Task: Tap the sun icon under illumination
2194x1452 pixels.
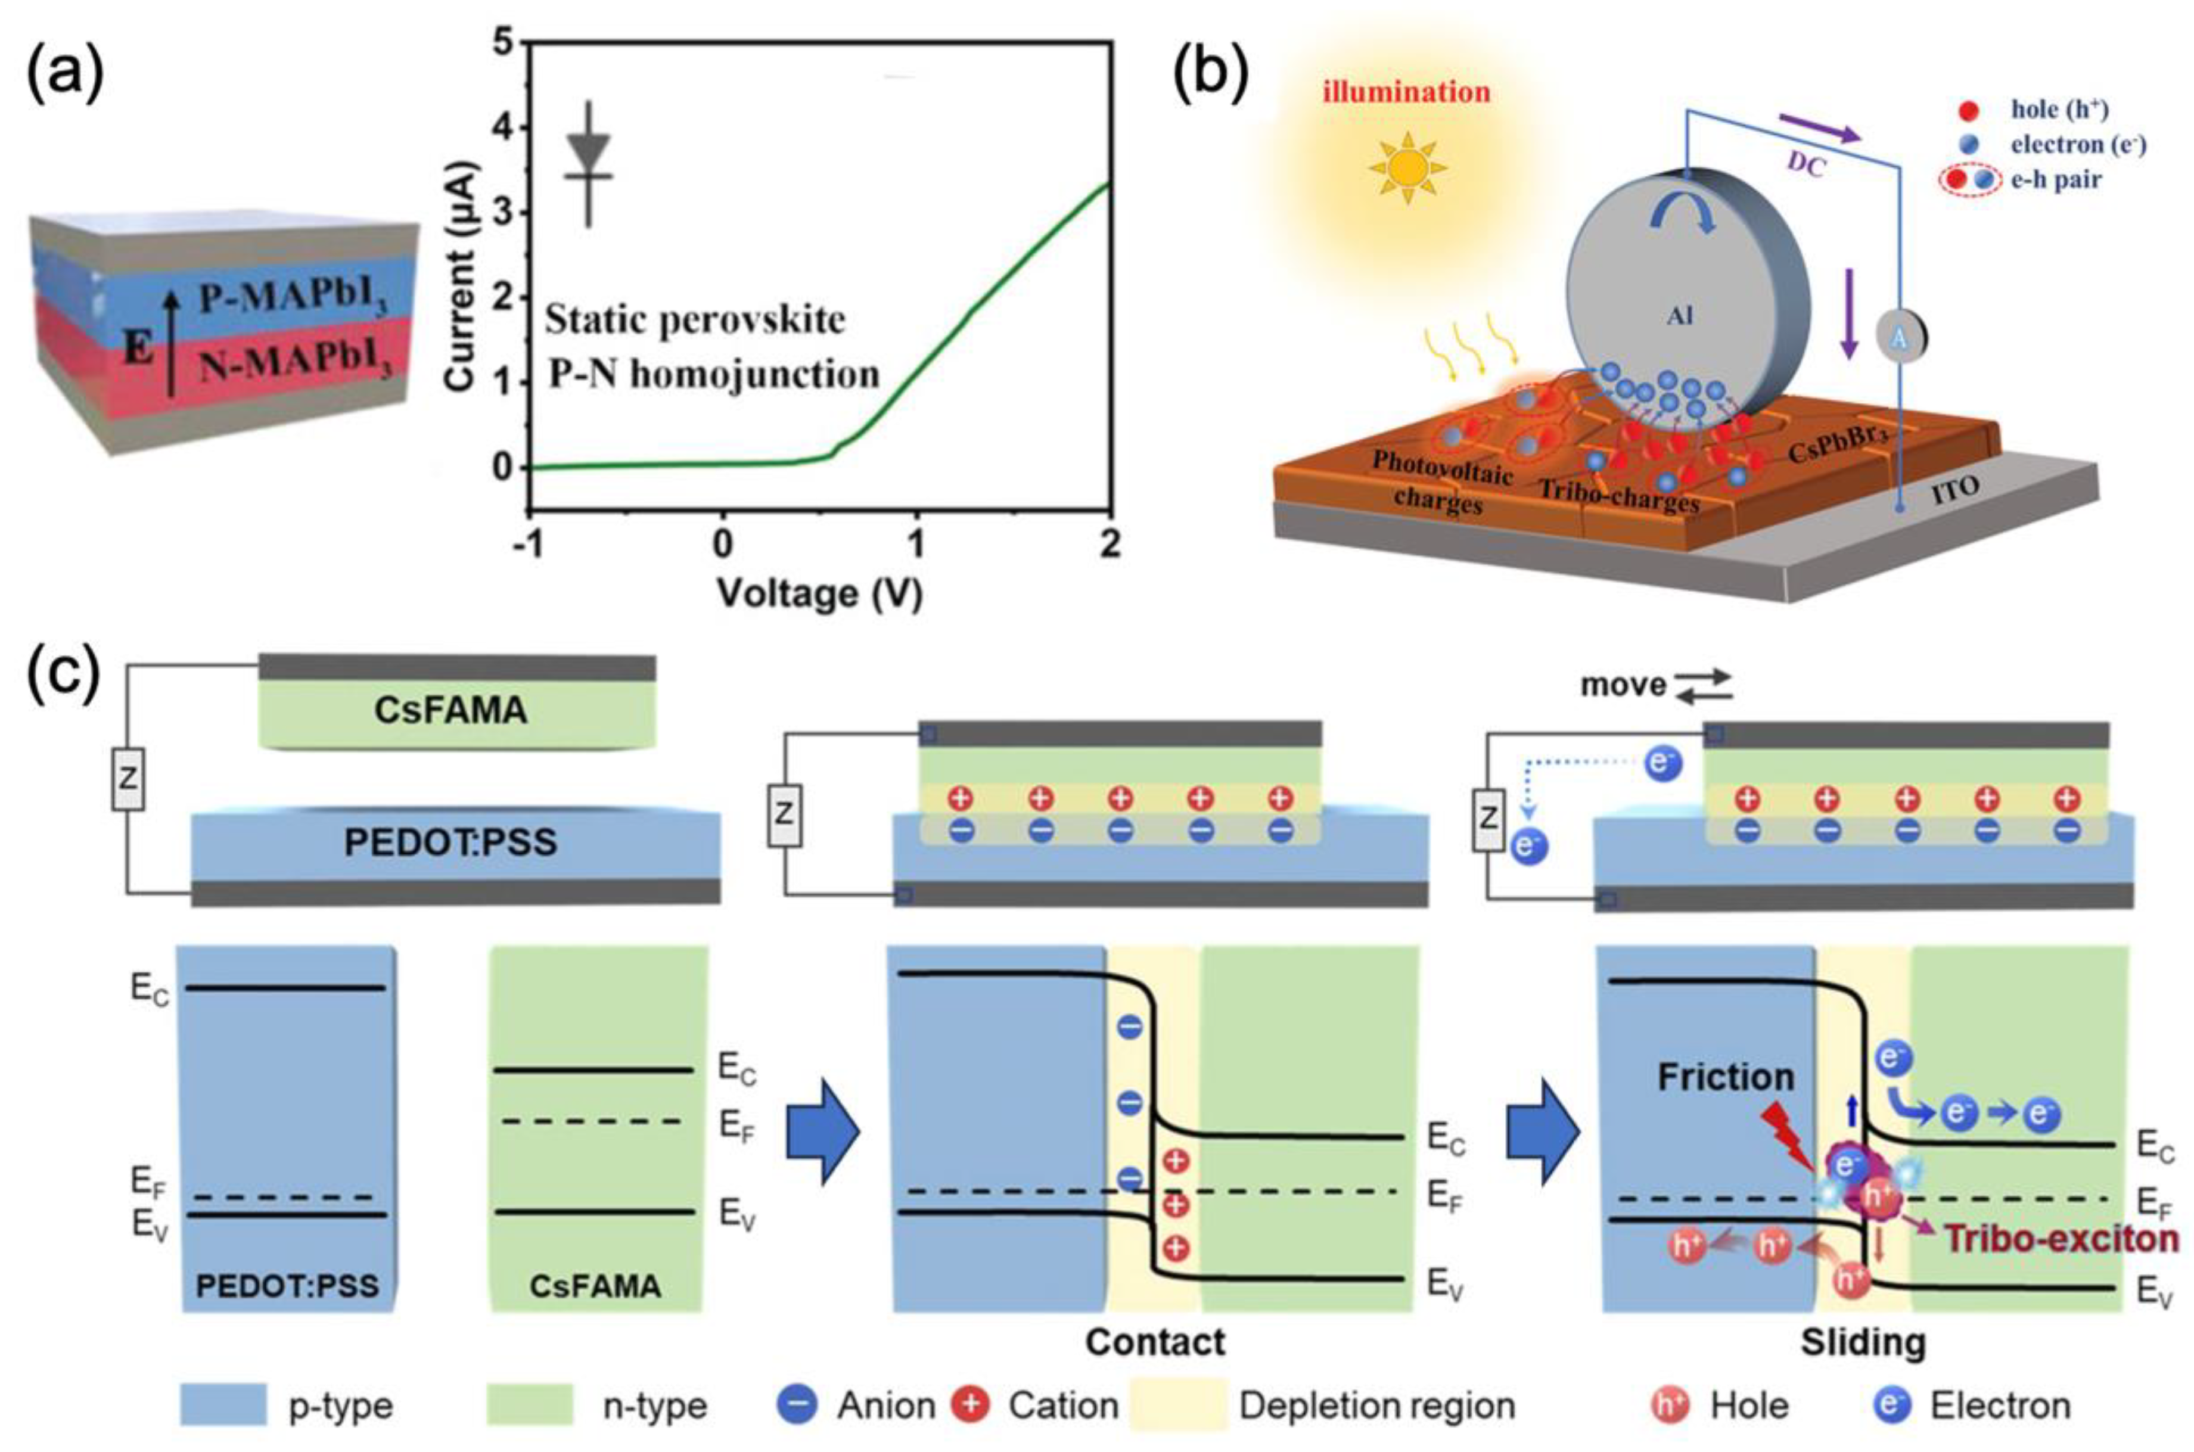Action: click(1407, 167)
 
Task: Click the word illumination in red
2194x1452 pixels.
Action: click(1406, 92)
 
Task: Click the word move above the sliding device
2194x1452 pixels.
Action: click(1623, 685)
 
